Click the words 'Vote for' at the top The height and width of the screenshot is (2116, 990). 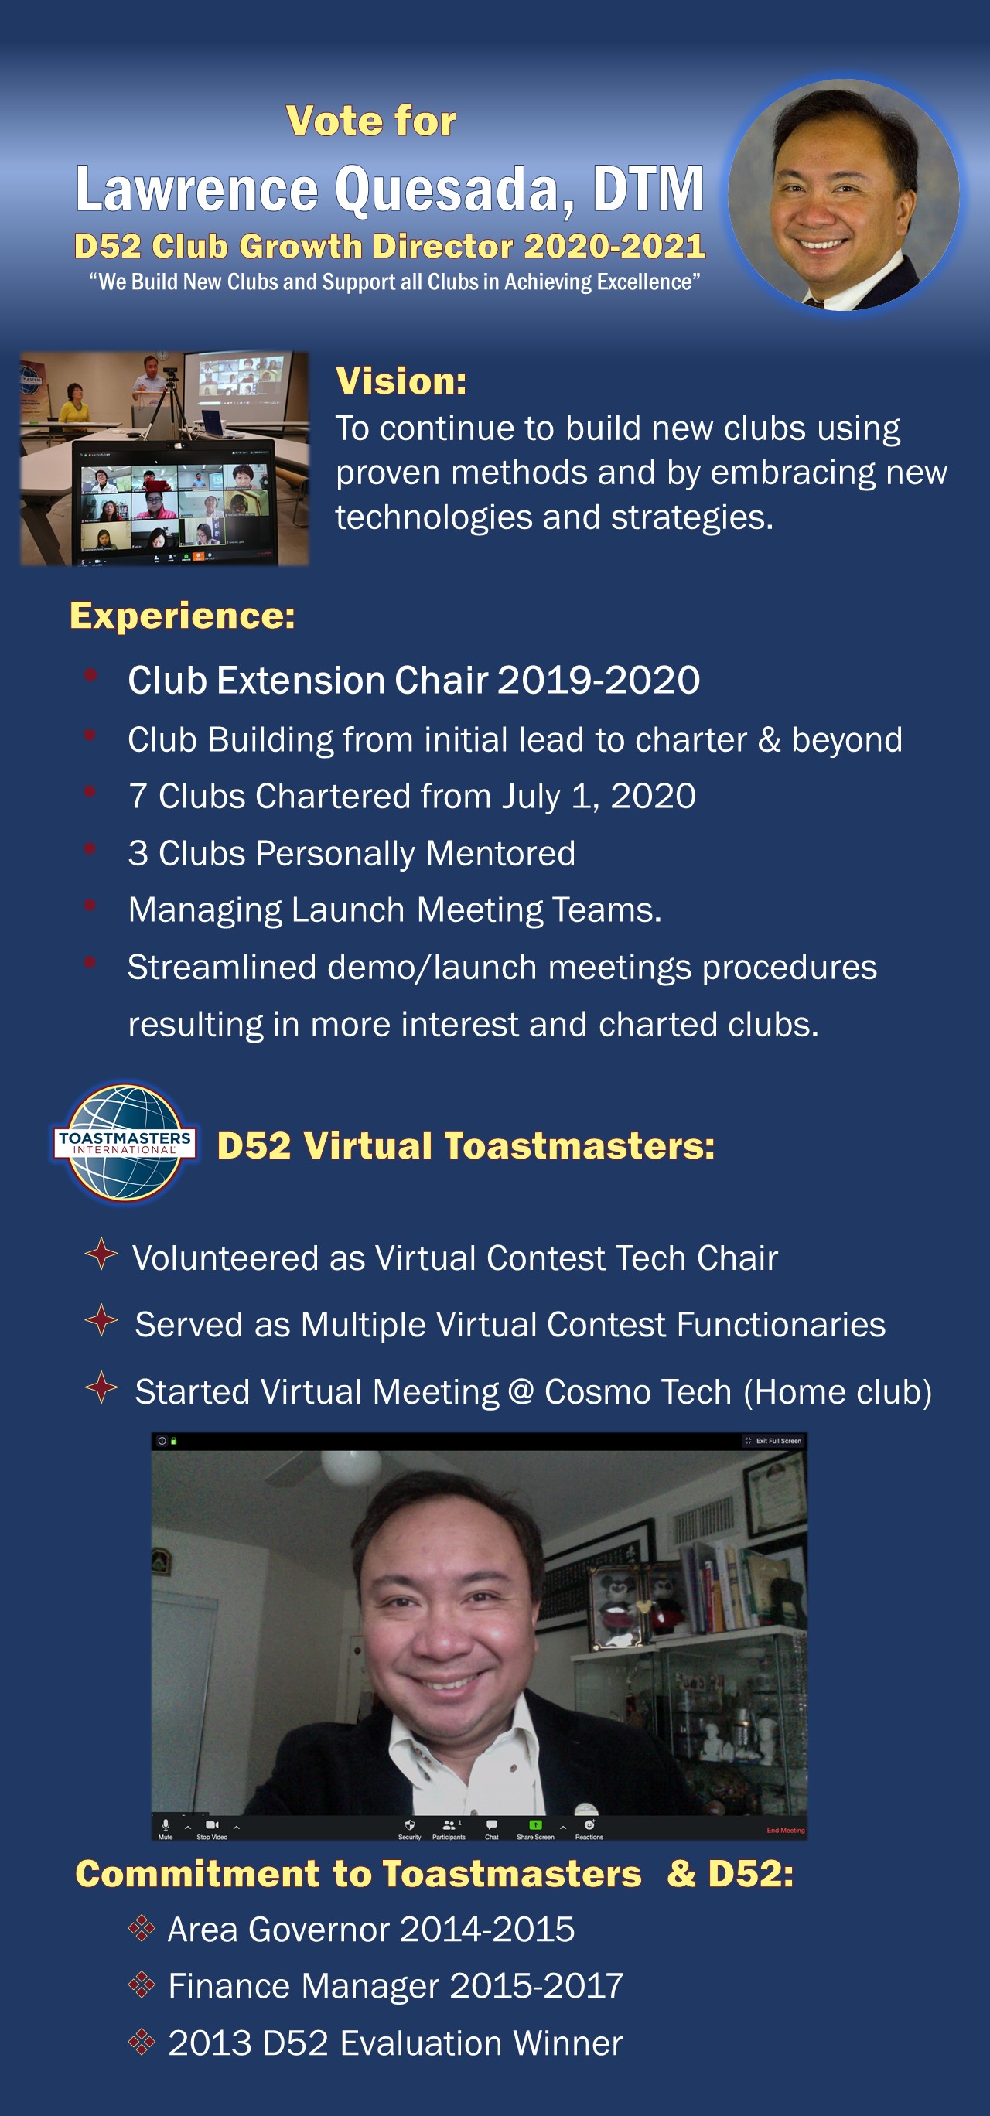pyautogui.click(x=370, y=121)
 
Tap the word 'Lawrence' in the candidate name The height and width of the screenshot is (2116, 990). pyautogui.click(x=197, y=189)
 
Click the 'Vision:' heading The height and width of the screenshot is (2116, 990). pyautogui.click(x=401, y=381)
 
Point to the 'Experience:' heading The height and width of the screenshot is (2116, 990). pyautogui.click(x=183, y=616)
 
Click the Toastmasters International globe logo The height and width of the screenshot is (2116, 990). pyautogui.click(x=125, y=1142)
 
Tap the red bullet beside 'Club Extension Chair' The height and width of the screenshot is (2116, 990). pyautogui.click(x=90, y=675)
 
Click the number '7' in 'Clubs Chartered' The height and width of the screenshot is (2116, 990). pyautogui.click(x=137, y=796)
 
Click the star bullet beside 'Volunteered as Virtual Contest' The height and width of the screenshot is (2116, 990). pyautogui.click(x=101, y=1254)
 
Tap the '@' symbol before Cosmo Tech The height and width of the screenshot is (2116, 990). pyautogui.click(x=521, y=1391)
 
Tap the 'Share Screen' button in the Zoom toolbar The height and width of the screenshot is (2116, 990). pyautogui.click(x=535, y=1829)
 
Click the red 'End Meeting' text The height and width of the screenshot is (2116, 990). pyautogui.click(x=786, y=1830)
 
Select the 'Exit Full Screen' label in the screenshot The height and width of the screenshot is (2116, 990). pyautogui.click(x=778, y=1440)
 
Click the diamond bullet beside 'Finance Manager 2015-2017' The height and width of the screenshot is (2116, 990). pyautogui.click(x=142, y=1985)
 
